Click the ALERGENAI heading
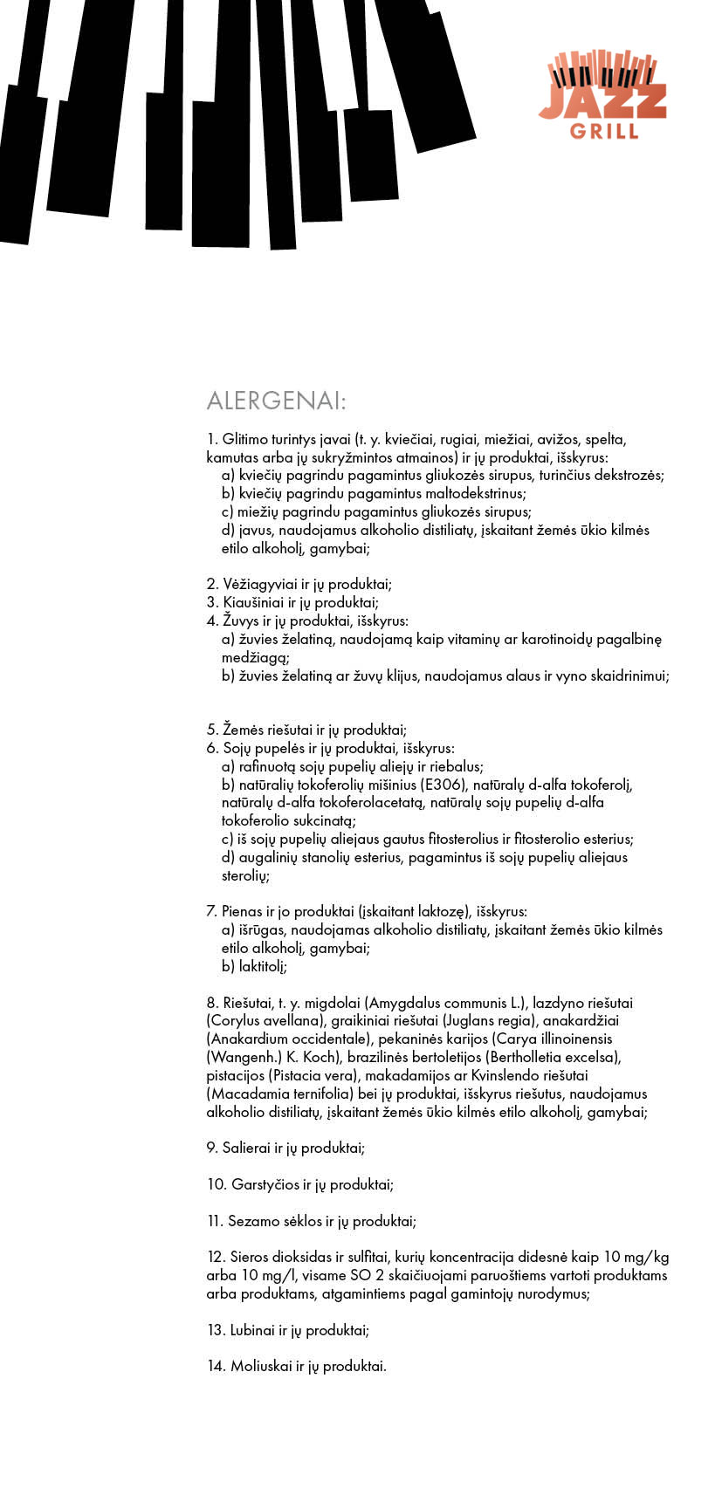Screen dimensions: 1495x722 tap(276, 401)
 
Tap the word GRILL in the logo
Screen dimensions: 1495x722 tap(604, 132)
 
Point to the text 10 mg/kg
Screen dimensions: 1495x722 tap(636, 1257)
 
